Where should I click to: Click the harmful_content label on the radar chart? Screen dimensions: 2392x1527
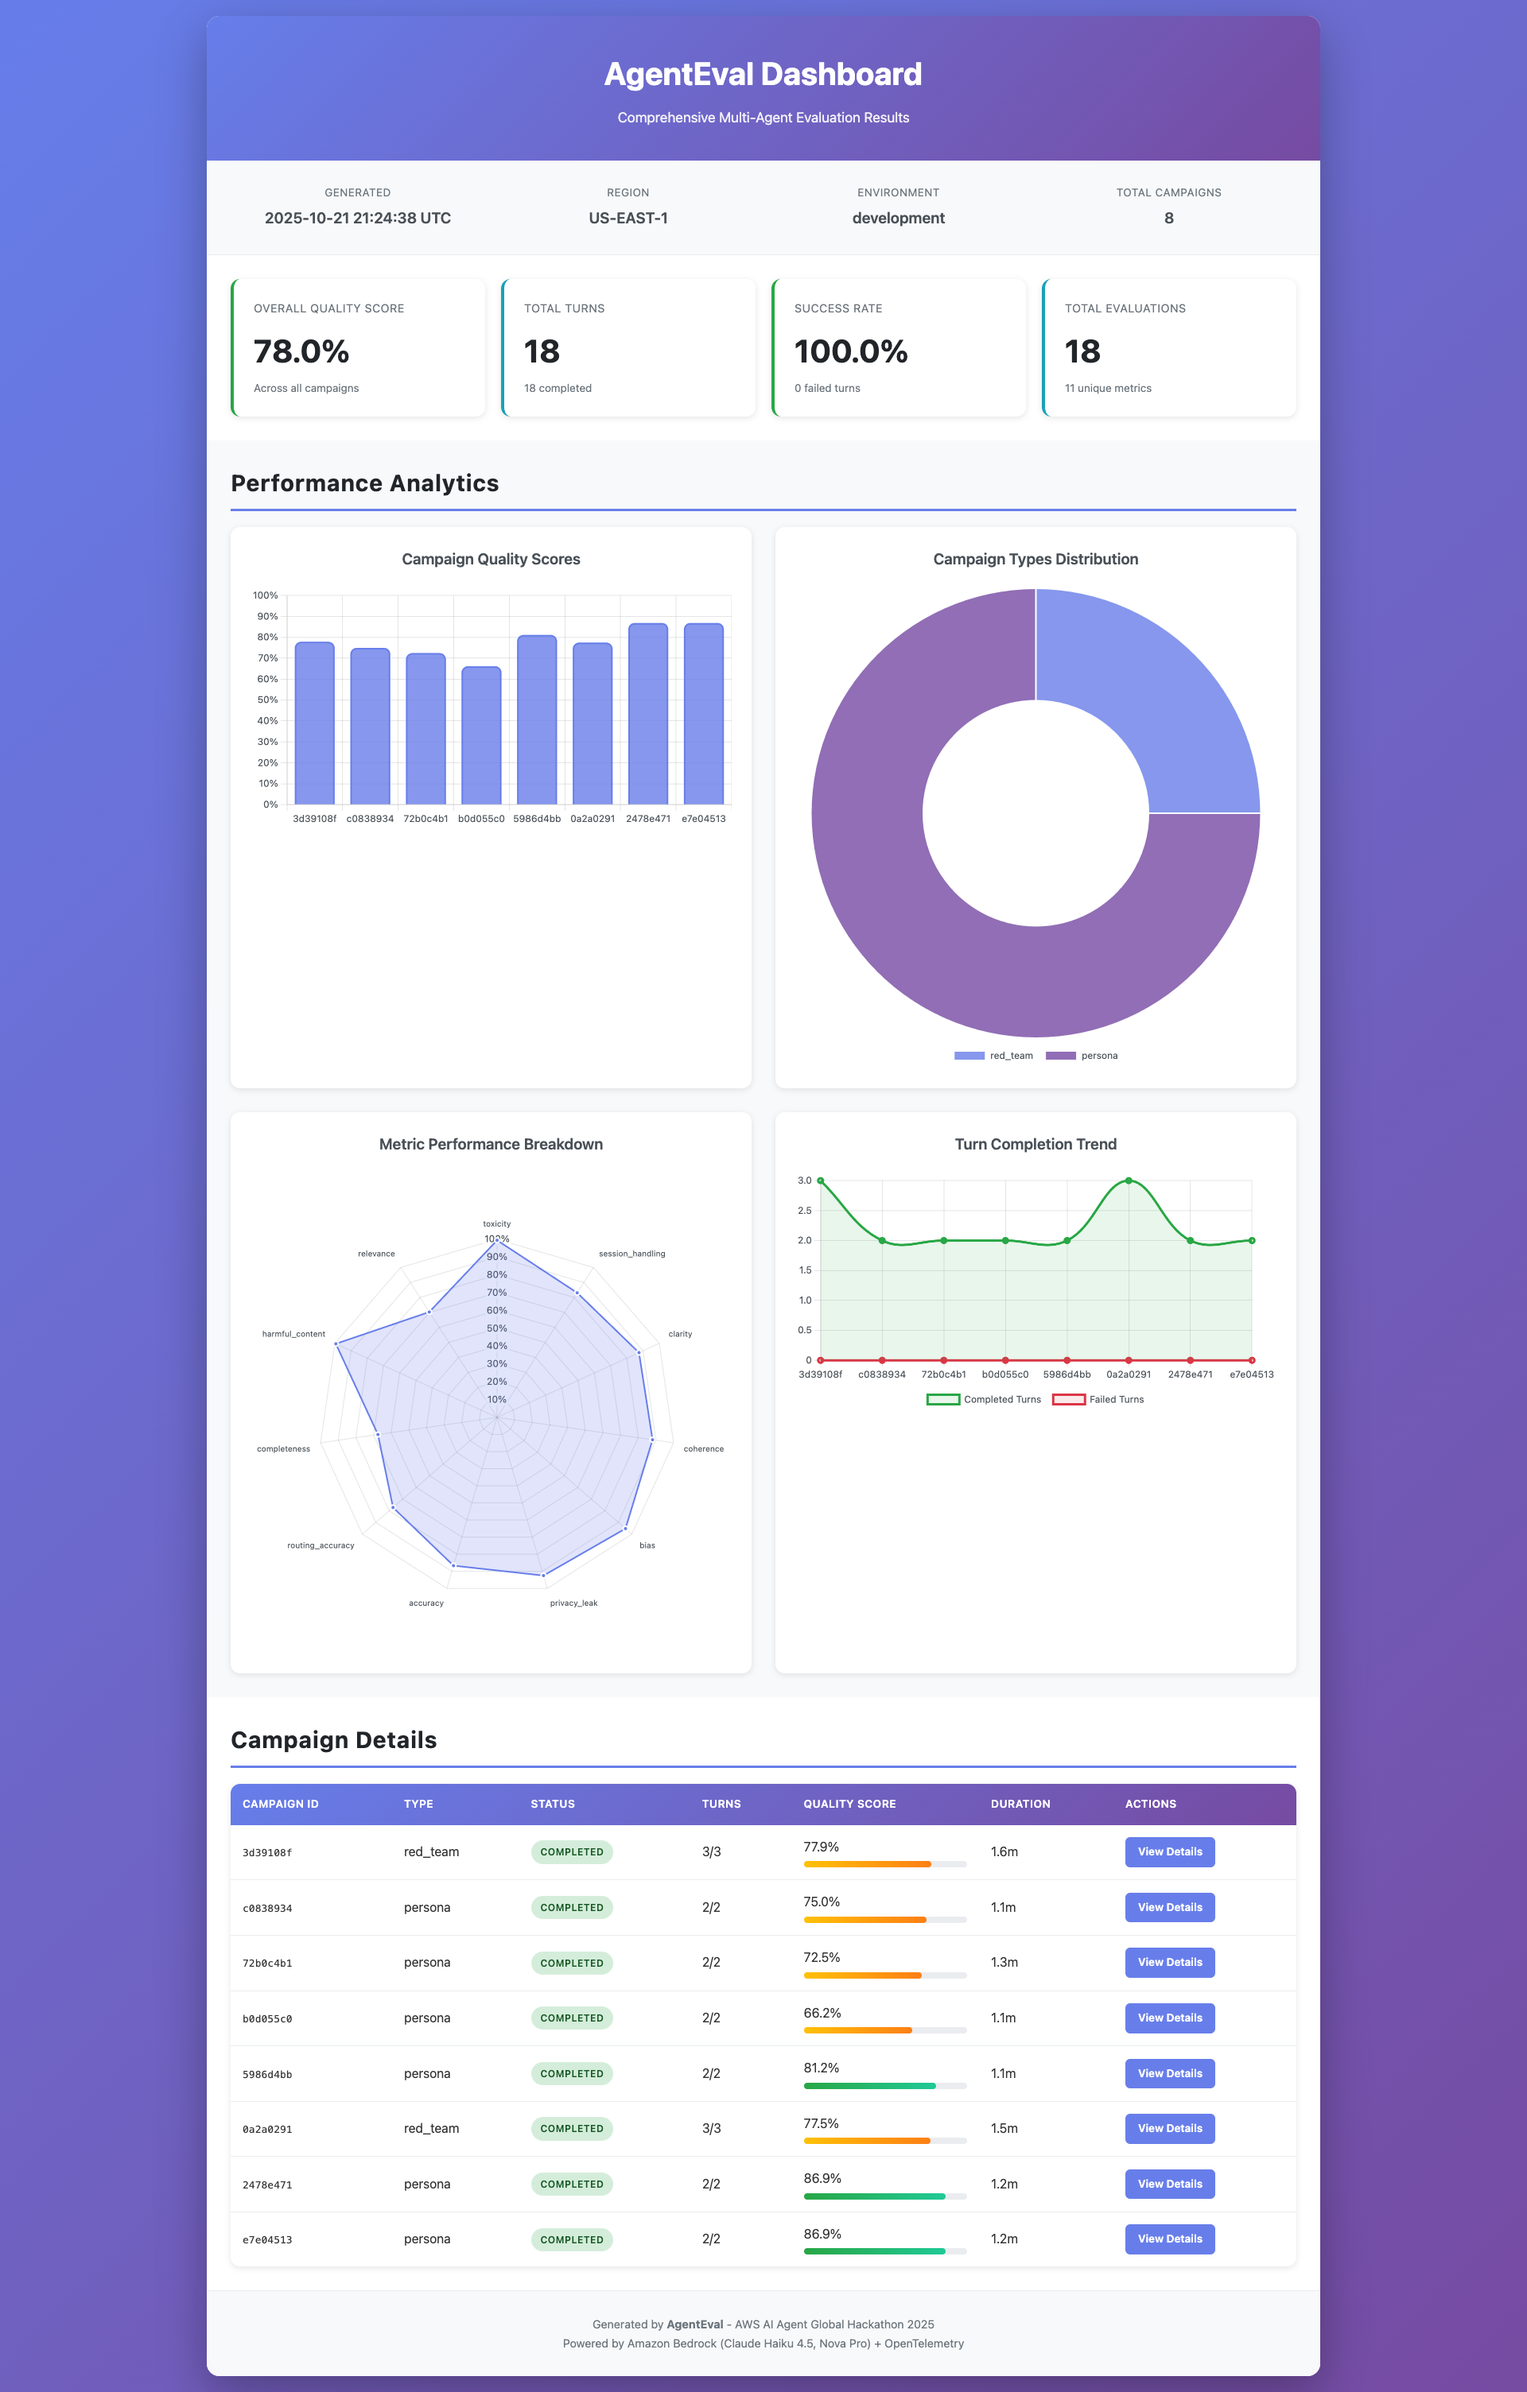tap(293, 1334)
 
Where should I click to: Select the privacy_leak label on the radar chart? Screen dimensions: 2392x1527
tap(573, 1603)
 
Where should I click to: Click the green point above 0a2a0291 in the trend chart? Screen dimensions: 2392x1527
tap(1129, 1181)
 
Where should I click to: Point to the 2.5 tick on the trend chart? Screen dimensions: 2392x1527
tap(805, 1211)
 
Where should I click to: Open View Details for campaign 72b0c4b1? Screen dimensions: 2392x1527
tap(1169, 1962)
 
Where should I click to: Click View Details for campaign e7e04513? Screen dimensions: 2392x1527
tap(1169, 2239)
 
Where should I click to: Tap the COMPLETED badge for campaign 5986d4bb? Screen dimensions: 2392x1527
tap(571, 2073)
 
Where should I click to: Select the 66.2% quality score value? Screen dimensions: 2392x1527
tap(822, 2013)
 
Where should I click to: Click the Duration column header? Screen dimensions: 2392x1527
tap(1020, 1804)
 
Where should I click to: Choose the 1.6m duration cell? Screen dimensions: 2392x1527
tap(1004, 1851)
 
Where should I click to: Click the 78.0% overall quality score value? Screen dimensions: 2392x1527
tap(301, 351)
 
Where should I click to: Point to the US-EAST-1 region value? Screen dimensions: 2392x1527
tap(628, 219)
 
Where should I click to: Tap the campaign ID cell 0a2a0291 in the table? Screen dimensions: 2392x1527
tap(267, 2130)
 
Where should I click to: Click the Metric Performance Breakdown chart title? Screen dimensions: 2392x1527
tap(491, 1145)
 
